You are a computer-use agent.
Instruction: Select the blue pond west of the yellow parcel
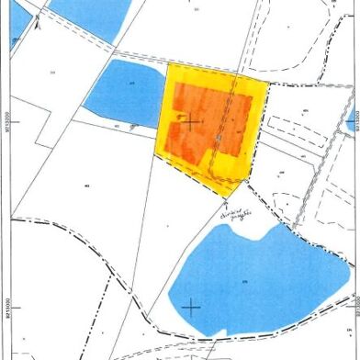point(124,92)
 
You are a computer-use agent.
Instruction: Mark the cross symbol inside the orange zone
point(190,121)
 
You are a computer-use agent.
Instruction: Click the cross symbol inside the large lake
point(190,306)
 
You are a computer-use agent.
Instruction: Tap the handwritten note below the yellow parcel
point(236,213)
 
